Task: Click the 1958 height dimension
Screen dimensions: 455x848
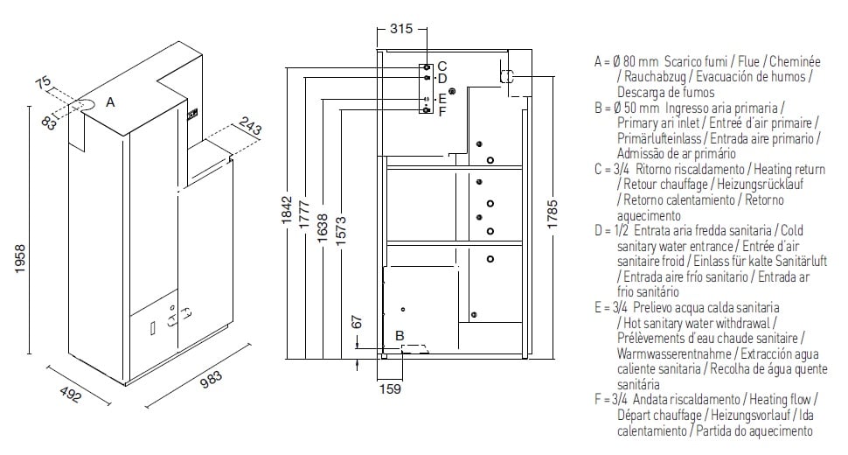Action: (x=20, y=261)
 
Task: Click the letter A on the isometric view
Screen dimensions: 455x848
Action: (x=110, y=102)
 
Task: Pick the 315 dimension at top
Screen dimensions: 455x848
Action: (x=400, y=29)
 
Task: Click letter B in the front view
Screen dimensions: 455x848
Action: (x=399, y=335)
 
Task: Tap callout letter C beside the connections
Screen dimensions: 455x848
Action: (x=441, y=66)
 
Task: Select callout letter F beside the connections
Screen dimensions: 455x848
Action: (x=441, y=111)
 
